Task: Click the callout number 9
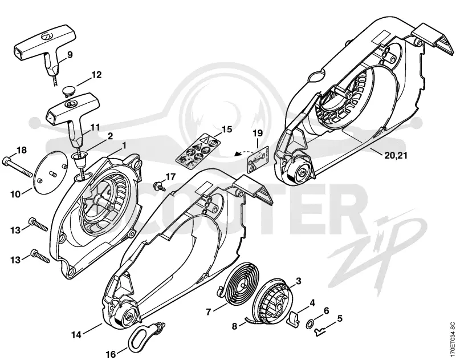click(70, 54)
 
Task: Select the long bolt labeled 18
click(17, 167)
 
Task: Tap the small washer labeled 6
click(310, 323)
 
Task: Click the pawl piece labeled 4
click(293, 318)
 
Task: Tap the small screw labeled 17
click(160, 185)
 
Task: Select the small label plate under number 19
click(258, 160)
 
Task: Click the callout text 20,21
click(396, 155)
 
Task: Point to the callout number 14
click(76, 335)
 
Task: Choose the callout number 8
click(235, 326)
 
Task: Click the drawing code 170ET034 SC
click(451, 338)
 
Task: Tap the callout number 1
click(124, 145)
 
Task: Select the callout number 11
click(95, 127)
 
